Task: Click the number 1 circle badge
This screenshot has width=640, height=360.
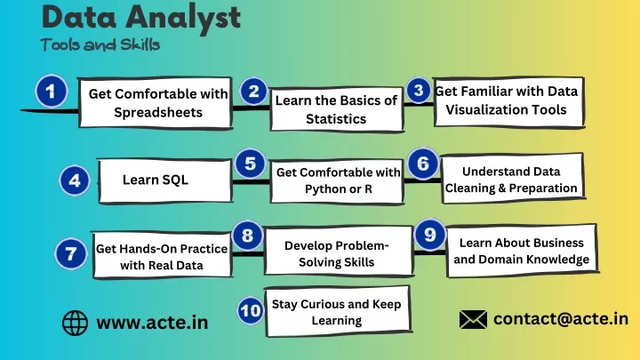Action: tap(51, 91)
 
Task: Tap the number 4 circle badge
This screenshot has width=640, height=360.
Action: tap(75, 180)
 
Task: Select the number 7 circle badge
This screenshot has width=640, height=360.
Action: tap(71, 253)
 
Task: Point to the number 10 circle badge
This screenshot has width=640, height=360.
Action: tap(250, 310)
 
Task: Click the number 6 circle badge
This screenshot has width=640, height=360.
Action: tap(423, 164)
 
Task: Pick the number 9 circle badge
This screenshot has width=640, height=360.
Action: tap(430, 235)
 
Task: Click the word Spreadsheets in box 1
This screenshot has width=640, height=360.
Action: tap(158, 112)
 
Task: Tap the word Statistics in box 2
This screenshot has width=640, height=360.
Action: tap(336, 119)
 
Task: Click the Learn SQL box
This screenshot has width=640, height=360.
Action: tap(165, 180)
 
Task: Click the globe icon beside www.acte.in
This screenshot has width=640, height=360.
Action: tap(75, 324)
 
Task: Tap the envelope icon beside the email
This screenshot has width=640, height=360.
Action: tap(473, 319)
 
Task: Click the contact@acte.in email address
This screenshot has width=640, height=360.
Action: tap(561, 319)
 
